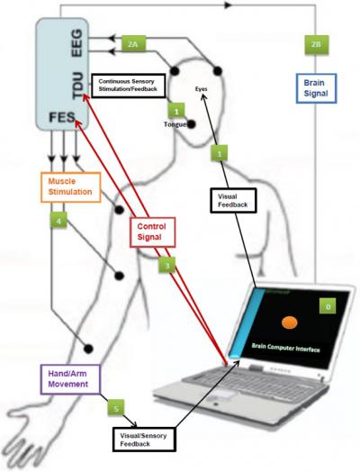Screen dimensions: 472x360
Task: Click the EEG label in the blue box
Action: click(76, 43)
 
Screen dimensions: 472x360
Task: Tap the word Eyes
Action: click(206, 90)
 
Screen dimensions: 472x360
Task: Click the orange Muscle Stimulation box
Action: click(66, 186)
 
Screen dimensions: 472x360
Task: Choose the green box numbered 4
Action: click(59, 219)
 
